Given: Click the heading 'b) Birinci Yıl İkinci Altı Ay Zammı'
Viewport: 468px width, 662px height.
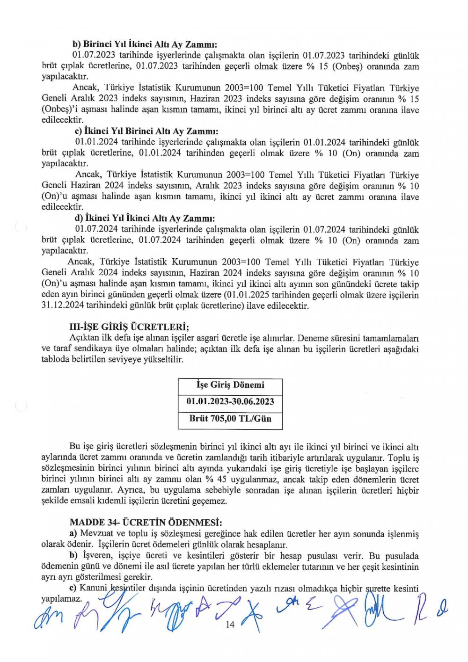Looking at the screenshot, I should click(145, 45).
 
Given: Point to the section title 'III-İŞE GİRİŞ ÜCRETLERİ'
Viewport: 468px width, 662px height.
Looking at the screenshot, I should click(129, 327).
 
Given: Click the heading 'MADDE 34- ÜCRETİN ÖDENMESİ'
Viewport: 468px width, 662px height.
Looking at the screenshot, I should click(146, 522).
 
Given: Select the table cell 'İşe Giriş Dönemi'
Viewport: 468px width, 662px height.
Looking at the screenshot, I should click(230, 385).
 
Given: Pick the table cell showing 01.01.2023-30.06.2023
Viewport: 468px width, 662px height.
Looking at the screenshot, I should click(230, 401).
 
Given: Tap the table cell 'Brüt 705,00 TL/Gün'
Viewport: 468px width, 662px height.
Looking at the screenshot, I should click(230, 418).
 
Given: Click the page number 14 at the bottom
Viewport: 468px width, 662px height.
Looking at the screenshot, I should click(230, 625).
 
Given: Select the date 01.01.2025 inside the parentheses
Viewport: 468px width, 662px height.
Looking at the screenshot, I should click(247, 295).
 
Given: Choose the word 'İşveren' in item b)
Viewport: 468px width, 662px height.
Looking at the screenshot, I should click(98, 556).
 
